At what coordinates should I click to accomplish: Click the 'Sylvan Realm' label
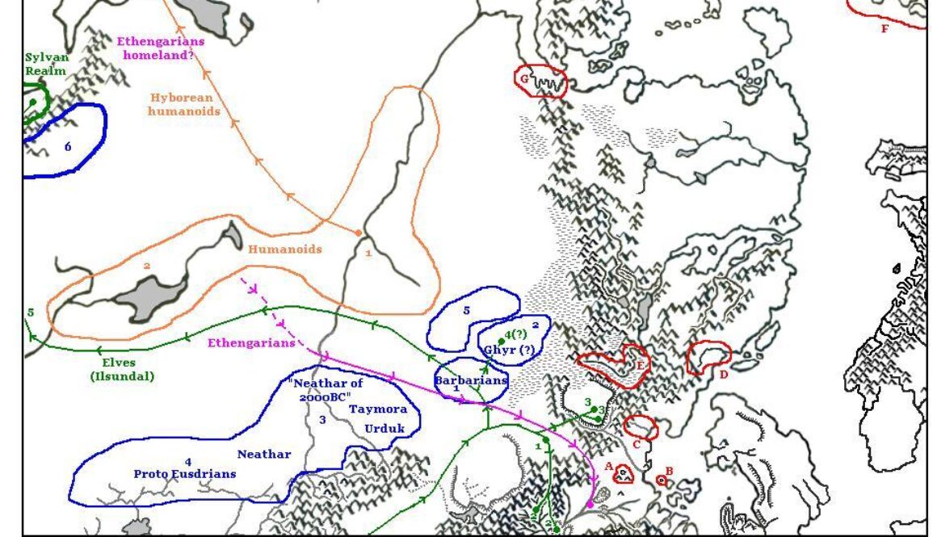(x=47, y=65)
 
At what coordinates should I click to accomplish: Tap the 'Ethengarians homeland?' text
(x=161, y=48)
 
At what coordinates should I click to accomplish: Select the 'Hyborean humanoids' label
(x=184, y=104)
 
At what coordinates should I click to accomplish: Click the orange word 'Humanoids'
(x=284, y=250)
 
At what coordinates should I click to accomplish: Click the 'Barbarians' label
(x=471, y=380)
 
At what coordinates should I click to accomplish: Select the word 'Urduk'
(x=384, y=429)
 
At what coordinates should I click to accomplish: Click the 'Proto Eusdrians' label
(x=185, y=473)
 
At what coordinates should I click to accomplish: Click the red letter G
(x=524, y=79)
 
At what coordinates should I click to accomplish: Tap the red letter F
(x=884, y=29)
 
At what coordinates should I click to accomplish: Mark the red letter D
(x=724, y=374)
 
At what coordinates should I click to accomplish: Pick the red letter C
(x=637, y=443)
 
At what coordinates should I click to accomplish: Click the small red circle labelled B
(x=662, y=480)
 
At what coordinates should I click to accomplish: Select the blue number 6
(x=68, y=147)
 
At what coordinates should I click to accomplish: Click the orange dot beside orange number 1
(x=359, y=233)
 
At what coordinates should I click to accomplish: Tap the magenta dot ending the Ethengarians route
(x=590, y=504)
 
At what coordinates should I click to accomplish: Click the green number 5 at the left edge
(x=30, y=313)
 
